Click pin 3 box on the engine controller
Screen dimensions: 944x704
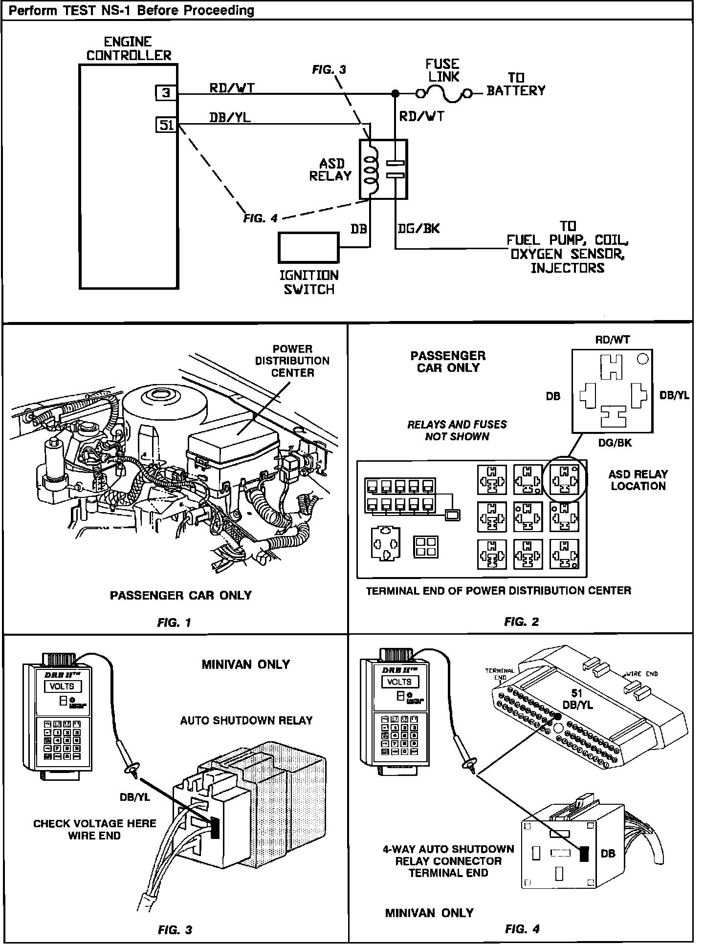pos(166,92)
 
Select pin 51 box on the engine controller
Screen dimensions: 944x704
pos(166,125)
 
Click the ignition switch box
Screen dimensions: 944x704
pos(308,248)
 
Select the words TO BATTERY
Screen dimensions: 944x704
pos(516,85)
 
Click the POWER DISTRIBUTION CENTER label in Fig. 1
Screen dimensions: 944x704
pos(292,361)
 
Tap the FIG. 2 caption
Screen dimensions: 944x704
pos(521,622)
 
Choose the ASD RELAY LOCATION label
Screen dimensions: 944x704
pos(638,480)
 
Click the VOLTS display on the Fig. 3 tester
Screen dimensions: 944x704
pos(62,686)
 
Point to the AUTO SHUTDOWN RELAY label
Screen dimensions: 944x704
pos(246,720)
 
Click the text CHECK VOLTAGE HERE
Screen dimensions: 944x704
pos(94,823)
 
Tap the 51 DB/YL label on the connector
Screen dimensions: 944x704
pos(577,699)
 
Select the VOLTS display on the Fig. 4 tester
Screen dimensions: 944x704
pos(399,682)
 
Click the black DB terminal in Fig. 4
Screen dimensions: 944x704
pos(583,854)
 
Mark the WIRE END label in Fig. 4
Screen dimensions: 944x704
pos(642,674)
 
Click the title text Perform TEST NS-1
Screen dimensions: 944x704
pos(132,10)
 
